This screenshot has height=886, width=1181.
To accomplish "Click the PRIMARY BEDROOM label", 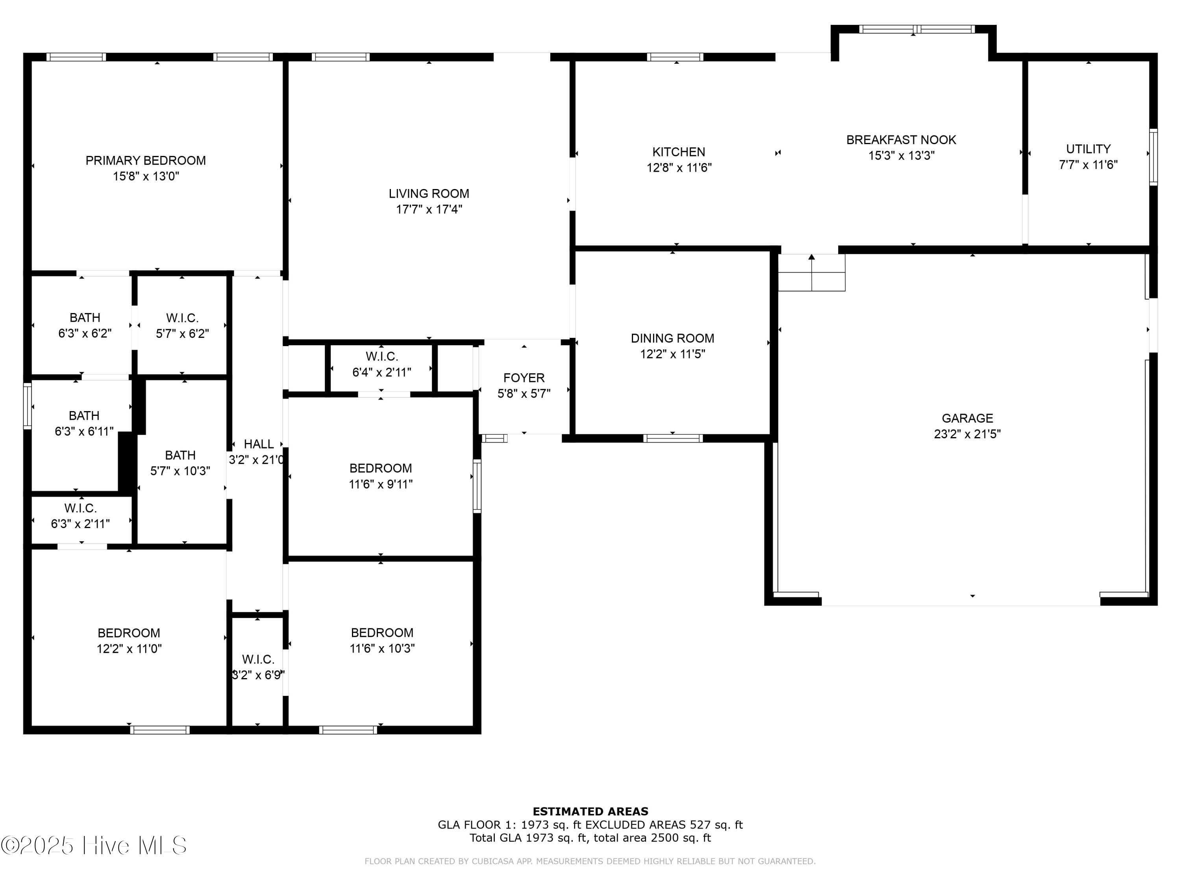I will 145,161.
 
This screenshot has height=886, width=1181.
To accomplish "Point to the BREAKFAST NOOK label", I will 901,140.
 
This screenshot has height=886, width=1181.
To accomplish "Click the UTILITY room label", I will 1088,149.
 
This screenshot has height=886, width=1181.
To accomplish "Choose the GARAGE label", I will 967,419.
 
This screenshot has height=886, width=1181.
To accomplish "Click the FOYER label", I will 524,378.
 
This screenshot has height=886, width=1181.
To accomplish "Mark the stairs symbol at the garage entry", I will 811,272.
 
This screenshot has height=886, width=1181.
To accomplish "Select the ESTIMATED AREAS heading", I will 590,812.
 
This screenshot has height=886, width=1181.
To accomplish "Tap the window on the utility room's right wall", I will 1153,157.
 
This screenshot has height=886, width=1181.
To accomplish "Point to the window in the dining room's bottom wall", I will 672,438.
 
